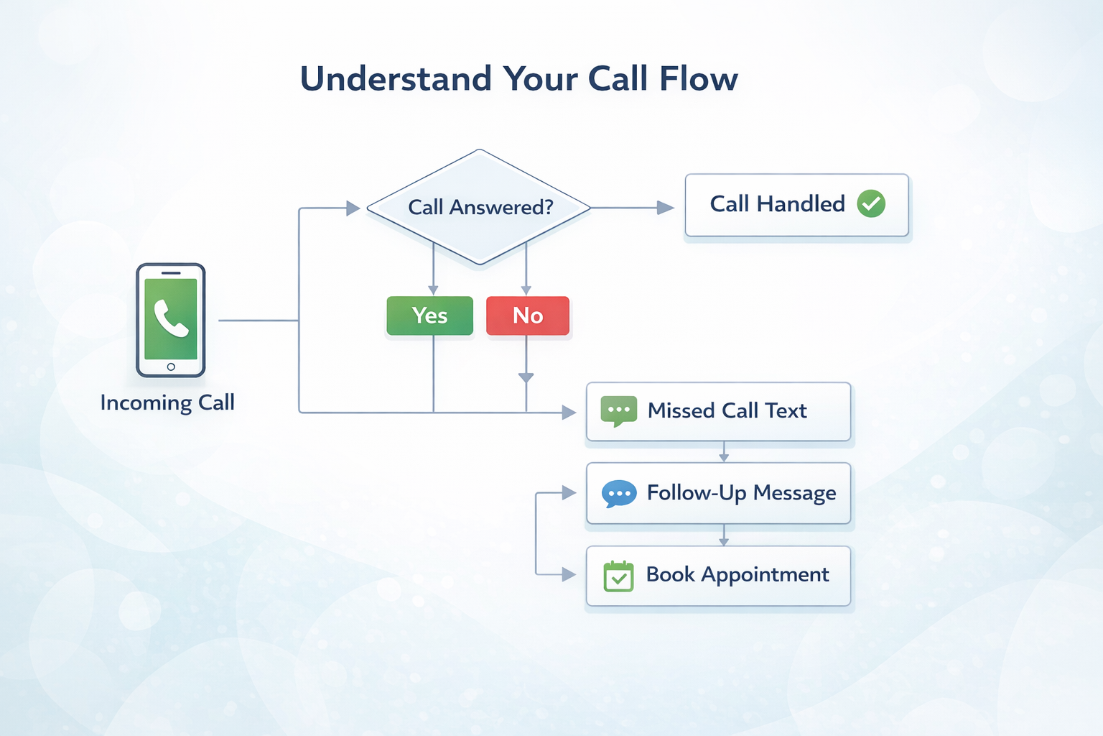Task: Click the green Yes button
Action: click(429, 316)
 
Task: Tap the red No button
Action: click(528, 316)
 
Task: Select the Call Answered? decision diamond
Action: click(480, 208)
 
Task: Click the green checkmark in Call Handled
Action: click(871, 204)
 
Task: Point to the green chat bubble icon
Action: click(618, 411)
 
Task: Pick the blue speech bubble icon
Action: click(618, 494)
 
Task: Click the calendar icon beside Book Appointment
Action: click(618, 576)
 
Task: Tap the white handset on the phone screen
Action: click(171, 318)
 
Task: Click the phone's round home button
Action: click(171, 367)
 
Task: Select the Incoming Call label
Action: click(167, 402)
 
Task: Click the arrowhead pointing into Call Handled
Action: click(666, 208)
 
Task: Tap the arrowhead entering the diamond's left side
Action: click(353, 208)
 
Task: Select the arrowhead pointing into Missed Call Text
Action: click(569, 413)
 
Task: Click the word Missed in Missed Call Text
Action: click(681, 410)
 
